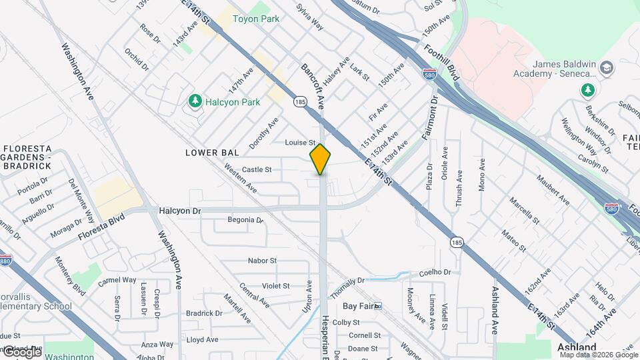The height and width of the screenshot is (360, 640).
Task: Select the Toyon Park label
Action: (x=255, y=19)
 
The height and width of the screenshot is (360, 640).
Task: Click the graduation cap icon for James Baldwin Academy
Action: (x=607, y=68)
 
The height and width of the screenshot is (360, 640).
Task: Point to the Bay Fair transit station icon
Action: (x=378, y=306)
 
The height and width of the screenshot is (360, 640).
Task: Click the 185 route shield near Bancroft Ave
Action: (x=299, y=102)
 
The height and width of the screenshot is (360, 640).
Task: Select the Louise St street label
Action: (x=299, y=143)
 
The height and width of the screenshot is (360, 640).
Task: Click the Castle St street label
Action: (x=257, y=170)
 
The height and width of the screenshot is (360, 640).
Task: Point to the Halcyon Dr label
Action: (x=180, y=211)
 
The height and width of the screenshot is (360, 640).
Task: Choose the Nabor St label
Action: (x=262, y=261)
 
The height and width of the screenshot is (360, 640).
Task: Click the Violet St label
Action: (x=276, y=286)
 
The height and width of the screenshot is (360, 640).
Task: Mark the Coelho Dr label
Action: (x=435, y=272)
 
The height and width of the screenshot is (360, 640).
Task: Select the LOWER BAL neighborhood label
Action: (x=211, y=153)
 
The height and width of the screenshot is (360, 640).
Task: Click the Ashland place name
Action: (x=577, y=348)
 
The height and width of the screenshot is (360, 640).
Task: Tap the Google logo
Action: (x=21, y=351)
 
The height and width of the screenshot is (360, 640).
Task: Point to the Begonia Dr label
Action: (x=241, y=219)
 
